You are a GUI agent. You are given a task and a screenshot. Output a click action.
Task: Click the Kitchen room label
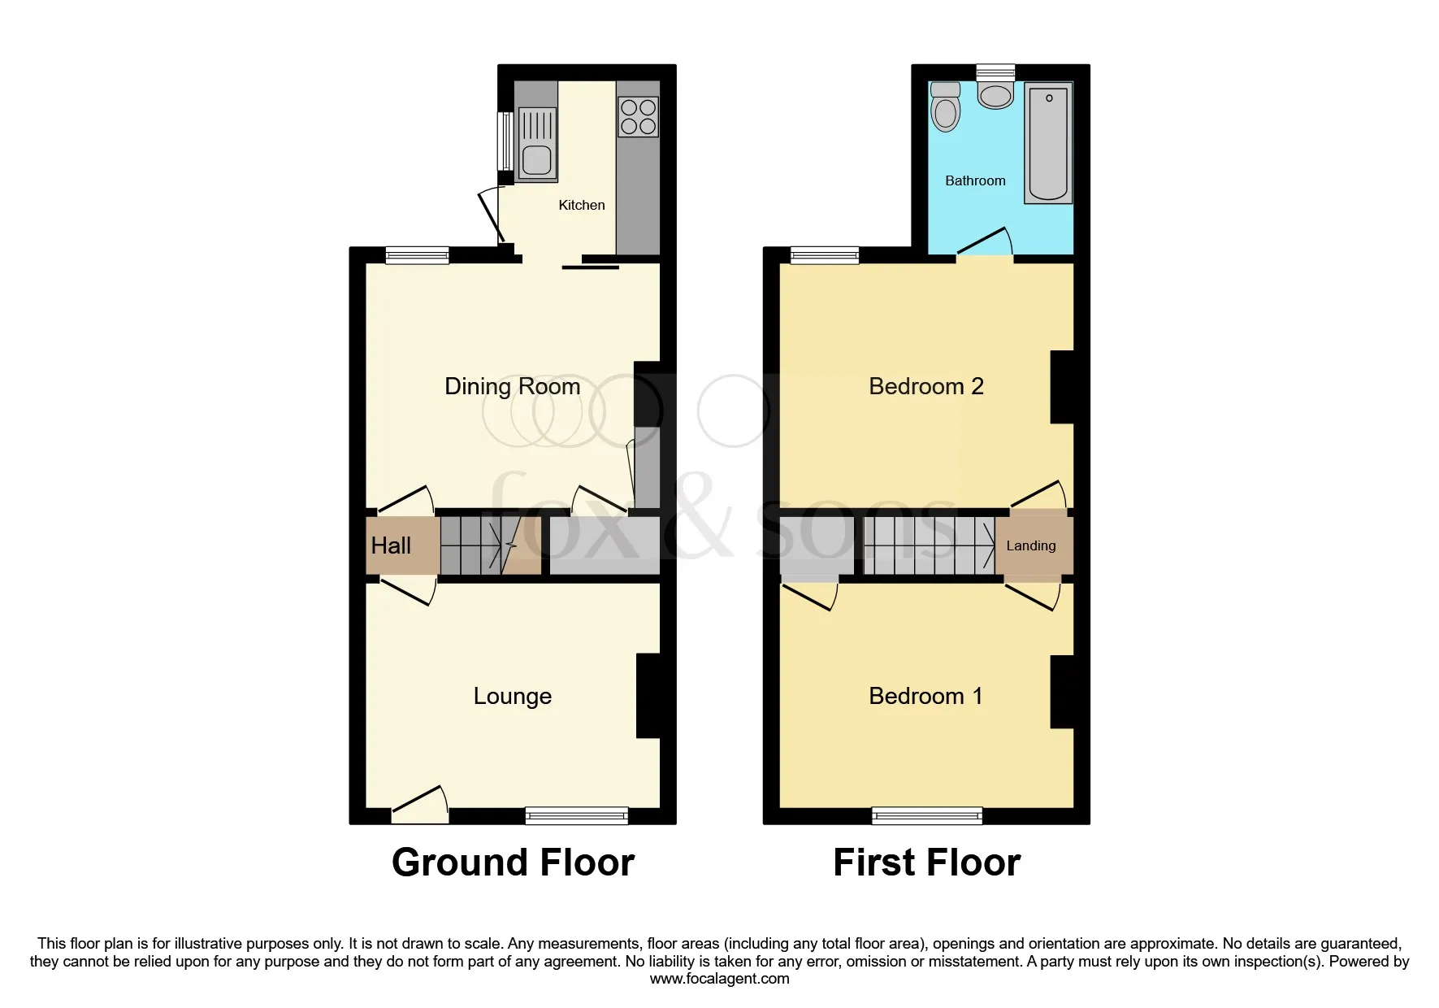coord(582,205)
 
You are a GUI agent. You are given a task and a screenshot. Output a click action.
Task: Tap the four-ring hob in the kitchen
coord(638,117)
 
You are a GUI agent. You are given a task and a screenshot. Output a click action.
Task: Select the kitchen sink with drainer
coord(536,144)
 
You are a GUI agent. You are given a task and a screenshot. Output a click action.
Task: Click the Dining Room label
coord(513,386)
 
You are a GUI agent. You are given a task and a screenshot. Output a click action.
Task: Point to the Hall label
coord(391,545)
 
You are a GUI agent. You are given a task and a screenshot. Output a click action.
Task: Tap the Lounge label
coord(513,696)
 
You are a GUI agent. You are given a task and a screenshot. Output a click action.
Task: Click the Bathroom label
coord(975,180)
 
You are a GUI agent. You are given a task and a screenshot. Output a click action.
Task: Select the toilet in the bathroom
coord(946,106)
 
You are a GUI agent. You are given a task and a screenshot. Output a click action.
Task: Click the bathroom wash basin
coord(995,95)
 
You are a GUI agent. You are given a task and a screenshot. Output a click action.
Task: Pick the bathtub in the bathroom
coord(1048,142)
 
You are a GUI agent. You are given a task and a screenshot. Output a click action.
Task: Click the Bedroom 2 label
coord(926,386)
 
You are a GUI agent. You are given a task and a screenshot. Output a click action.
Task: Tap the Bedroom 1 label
coord(926,696)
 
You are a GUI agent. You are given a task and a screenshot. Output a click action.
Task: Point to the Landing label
coord(1031,545)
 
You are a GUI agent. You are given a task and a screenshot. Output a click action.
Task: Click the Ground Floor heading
coord(513,862)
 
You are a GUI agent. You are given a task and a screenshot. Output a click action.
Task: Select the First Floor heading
coord(927,862)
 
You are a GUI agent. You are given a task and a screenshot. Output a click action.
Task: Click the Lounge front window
coord(577,815)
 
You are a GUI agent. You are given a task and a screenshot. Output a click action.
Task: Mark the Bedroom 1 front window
coord(927,815)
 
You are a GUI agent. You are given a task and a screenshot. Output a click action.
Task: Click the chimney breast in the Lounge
coord(648,696)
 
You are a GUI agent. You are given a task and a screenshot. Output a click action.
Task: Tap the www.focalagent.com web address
coord(720,979)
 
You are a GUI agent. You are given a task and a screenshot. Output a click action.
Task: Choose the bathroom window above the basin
coord(995,72)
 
